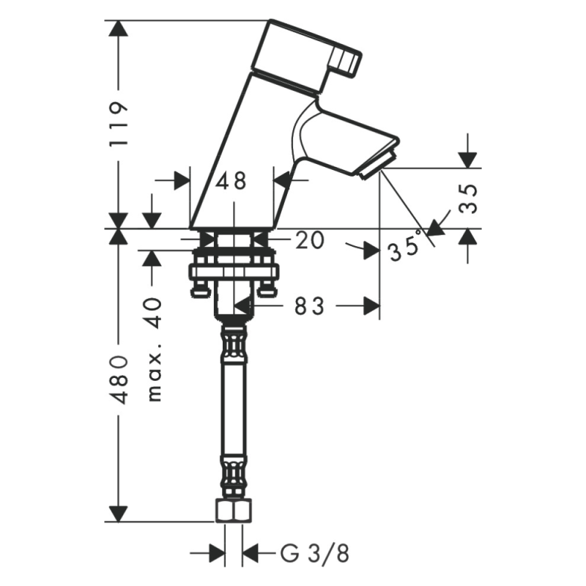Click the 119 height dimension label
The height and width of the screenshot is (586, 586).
(x=119, y=124)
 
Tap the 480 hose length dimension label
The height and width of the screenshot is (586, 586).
(x=119, y=379)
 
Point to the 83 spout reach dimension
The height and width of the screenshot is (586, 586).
(x=309, y=306)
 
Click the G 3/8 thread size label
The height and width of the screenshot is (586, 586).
(x=315, y=554)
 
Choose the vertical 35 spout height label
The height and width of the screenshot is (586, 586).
(x=468, y=198)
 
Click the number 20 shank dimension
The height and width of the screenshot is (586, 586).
(x=309, y=240)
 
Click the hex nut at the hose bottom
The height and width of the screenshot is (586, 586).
(x=234, y=511)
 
